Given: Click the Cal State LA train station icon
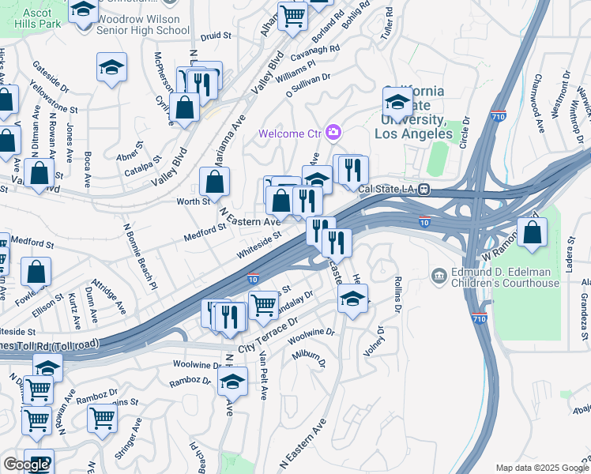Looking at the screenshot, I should pos(424,189).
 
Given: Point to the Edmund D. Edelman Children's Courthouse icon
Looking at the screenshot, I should pos(439,276).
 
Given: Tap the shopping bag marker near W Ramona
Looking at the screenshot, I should pos(533,233).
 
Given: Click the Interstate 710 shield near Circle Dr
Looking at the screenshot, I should pos(498,115).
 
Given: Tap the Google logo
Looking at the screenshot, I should pos(26,465).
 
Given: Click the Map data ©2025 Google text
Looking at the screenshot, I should pos(541,468).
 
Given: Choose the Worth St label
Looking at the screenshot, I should pos(194,201).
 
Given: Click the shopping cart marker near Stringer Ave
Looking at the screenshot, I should pos(103,418).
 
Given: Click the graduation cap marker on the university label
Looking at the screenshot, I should pos(397,101).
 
